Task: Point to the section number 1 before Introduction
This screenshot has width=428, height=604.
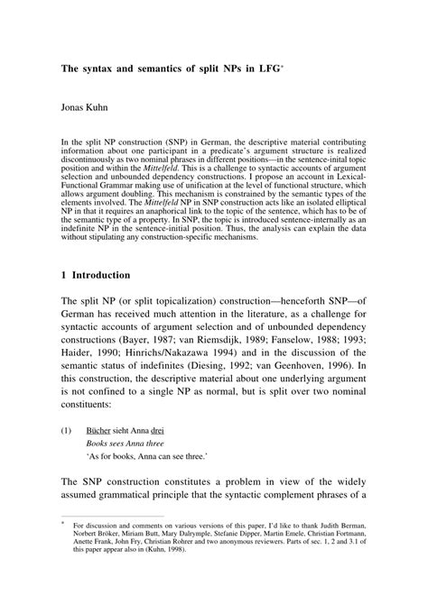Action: pyautogui.click(x=65, y=274)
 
